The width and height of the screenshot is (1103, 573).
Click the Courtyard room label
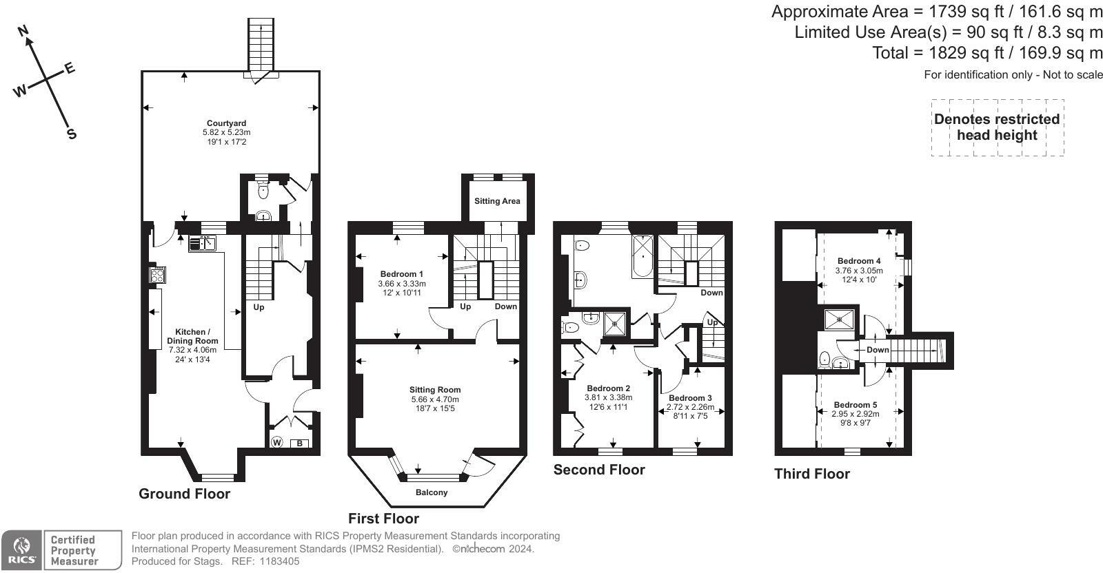pyautogui.click(x=227, y=123)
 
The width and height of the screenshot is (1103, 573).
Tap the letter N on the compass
pyautogui.click(x=23, y=32)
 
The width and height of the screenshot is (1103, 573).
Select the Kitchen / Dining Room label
pyautogui.click(x=192, y=336)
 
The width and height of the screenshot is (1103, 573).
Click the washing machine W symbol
pyautogui.click(x=276, y=442)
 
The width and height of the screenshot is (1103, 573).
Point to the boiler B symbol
pyautogui.click(x=299, y=444)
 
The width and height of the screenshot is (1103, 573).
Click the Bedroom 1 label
pyautogui.click(x=402, y=274)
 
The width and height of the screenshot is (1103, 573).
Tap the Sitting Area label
pyautogui.click(x=497, y=200)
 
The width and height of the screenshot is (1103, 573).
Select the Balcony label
pyautogui.click(x=432, y=492)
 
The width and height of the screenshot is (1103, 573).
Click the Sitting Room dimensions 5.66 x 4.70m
pyautogui.click(x=435, y=399)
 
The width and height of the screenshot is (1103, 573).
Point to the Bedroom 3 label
pyautogui.click(x=690, y=398)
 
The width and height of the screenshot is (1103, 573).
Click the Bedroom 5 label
pyautogui.click(x=856, y=405)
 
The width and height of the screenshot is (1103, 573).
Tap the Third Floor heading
pyautogui.click(x=812, y=474)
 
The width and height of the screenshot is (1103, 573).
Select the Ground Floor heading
pyautogui.click(x=184, y=494)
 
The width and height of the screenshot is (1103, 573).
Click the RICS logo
pyautogui.click(x=21, y=550)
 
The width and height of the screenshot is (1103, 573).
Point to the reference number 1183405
pyautogui.click(x=279, y=561)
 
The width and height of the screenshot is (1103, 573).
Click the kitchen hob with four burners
pyautogui.click(x=158, y=275)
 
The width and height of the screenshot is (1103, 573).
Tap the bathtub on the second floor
pyautogui.click(x=643, y=256)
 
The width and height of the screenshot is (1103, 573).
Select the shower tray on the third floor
pyautogui.click(x=839, y=319)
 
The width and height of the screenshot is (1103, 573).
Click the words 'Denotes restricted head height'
pyautogui.click(x=997, y=127)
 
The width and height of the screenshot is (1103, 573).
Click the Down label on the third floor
pyautogui.click(x=878, y=350)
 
